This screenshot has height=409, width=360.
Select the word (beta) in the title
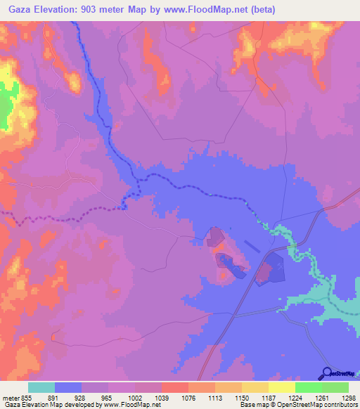[x=261, y=9]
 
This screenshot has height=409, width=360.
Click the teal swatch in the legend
[x=41, y=388]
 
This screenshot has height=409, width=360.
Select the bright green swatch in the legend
[x=308, y=388]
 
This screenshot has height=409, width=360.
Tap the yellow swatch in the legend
[x=281, y=388]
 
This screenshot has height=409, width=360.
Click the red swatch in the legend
[x=175, y=388]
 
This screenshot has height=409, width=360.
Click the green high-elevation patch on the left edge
[x=5, y=106]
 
